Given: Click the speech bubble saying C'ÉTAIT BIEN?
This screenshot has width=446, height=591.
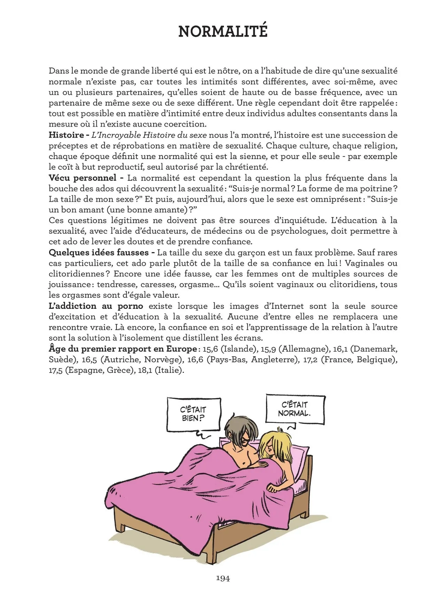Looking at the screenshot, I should click(193, 414).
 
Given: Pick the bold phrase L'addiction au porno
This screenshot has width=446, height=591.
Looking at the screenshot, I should click(96, 306).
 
